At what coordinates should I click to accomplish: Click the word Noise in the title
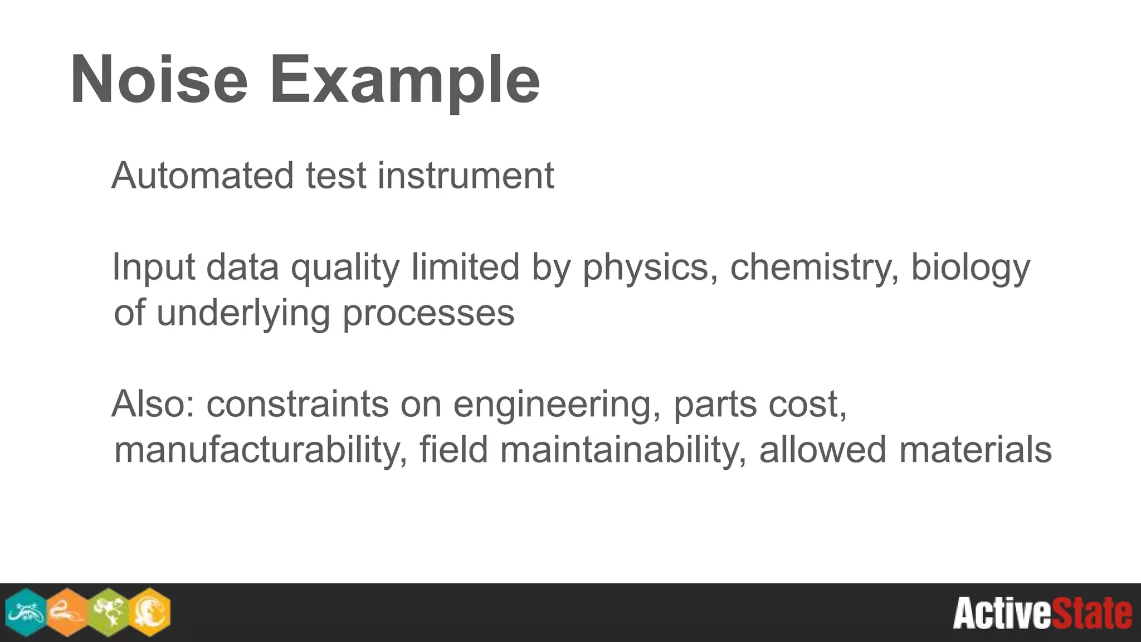point(159,79)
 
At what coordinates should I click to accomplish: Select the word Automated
point(202,176)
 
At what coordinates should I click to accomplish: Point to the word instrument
point(466,176)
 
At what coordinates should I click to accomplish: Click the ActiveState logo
point(1042,613)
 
